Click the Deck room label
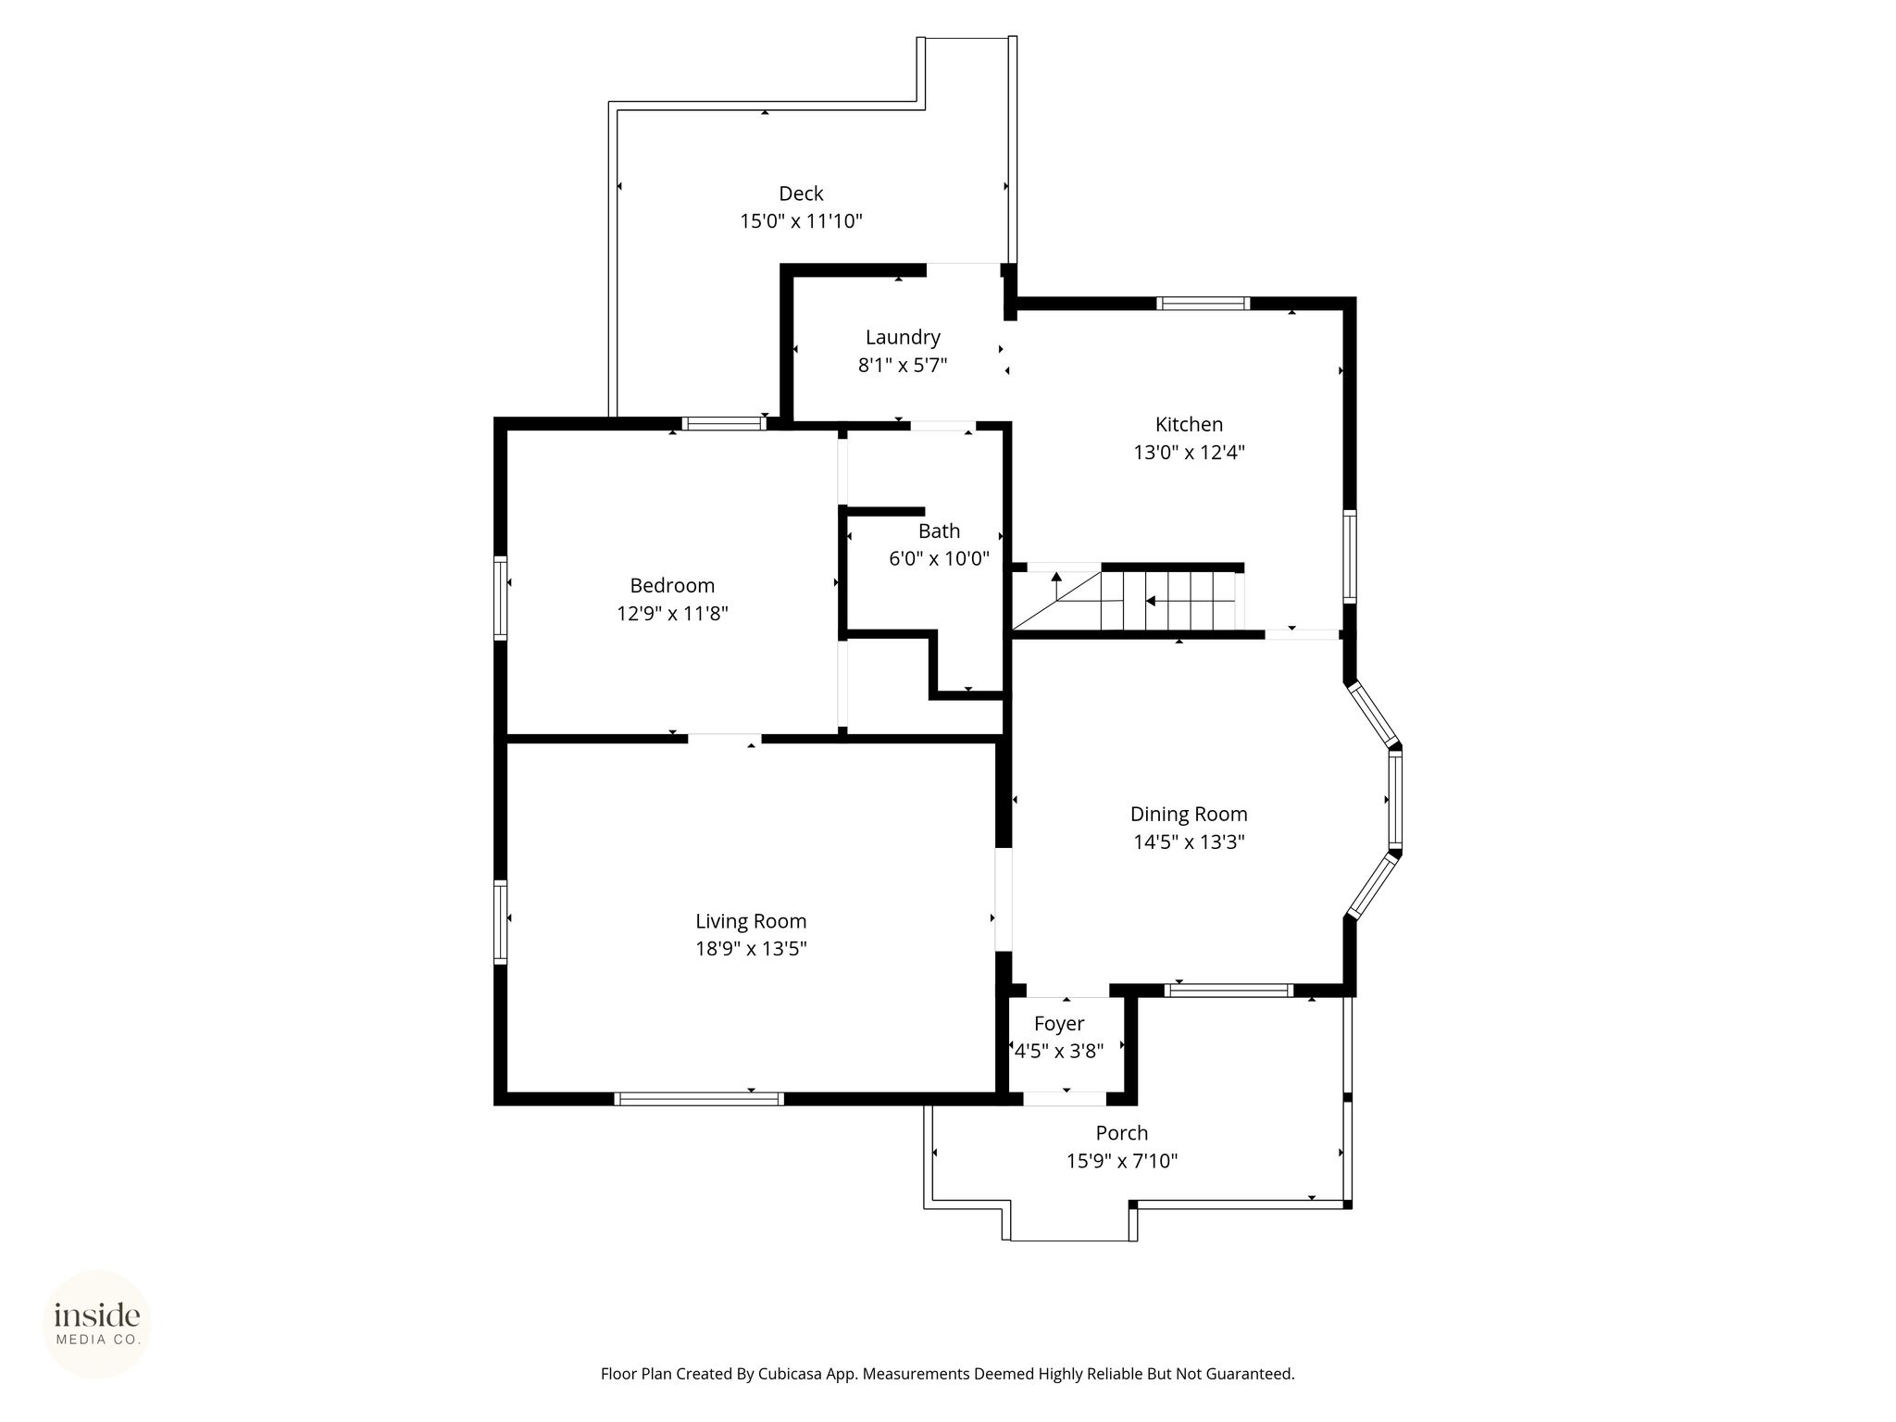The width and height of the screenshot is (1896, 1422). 801,193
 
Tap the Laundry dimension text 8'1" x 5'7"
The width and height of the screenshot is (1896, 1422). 903,365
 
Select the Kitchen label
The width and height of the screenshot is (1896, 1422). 1189,424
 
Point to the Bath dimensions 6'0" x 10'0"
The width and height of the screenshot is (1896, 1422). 939,558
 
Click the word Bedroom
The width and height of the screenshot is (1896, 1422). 672,585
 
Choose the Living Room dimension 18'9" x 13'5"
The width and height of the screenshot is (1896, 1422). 751,948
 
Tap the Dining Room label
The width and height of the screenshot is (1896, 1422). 1189,814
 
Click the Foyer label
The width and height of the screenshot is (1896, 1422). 1059,1024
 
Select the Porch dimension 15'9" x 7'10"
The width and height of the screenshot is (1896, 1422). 1122,1160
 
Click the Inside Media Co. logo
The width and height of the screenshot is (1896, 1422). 97,1324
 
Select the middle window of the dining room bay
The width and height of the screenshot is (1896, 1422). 1395,799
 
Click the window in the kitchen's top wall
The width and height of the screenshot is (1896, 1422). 1203,303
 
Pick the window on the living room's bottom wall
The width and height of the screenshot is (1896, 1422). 699,1099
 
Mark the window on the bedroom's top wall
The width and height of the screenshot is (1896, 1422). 724,424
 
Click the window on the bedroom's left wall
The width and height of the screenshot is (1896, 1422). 501,597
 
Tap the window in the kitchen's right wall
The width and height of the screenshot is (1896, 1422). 1350,556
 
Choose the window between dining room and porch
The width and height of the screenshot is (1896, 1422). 1229,990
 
